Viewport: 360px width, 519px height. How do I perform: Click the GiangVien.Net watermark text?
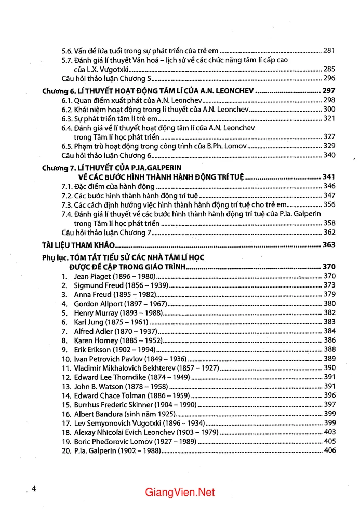point(180,492)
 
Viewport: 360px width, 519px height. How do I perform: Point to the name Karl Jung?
point(89,322)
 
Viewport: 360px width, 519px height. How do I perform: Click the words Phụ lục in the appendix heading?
point(54,257)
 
